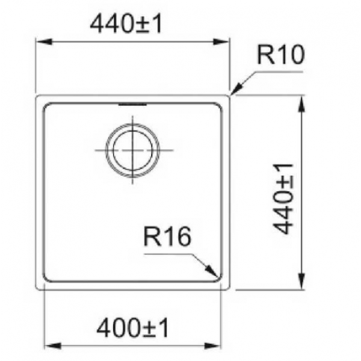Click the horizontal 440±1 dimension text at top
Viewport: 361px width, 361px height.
click(126, 23)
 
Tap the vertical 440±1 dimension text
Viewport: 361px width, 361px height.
click(283, 199)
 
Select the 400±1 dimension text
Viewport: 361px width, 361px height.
click(132, 328)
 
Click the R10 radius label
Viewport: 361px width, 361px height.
click(280, 55)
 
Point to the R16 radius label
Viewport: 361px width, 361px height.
click(167, 236)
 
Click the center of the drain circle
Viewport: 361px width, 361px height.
click(132, 150)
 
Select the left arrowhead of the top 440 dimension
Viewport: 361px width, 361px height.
click(44, 42)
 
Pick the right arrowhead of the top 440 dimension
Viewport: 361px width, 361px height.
click(221, 42)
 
